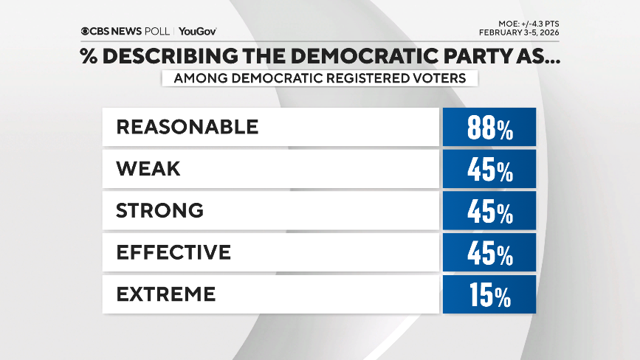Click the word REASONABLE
(187, 127)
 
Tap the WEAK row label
(148, 169)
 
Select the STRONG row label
(159, 210)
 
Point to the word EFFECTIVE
(173, 252)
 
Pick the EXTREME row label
(165, 294)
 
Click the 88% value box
(489, 128)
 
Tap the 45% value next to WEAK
(489, 170)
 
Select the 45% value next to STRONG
(489, 211)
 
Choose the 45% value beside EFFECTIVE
(489, 253)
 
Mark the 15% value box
(489, 294)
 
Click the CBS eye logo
(86, 31)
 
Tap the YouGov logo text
(197, 31)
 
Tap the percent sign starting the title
(89, 58)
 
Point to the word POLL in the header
(157, 31)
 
